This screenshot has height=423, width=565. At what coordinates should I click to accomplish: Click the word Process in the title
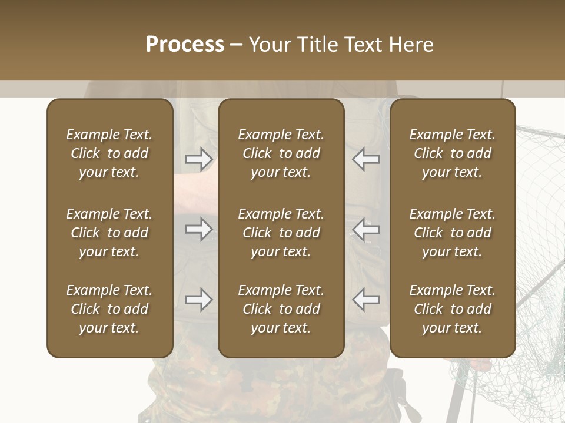click(x=185, y=45)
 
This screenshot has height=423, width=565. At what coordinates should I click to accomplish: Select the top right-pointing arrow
click(x=198, y=159)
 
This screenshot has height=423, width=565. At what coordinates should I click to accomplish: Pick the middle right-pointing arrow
click(x=198, y=229)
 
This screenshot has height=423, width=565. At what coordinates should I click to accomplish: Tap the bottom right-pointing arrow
click(x=198, y=300)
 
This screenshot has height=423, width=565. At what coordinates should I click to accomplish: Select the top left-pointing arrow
click(x=366, y=159)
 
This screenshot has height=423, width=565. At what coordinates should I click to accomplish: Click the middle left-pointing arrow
click(x=366, y=229)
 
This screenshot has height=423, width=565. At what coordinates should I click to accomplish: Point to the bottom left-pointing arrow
click(x=366, y=300)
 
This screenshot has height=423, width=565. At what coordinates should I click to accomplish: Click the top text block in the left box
click(x=109, y=153)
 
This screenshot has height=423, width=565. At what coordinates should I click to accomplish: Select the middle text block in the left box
click(x=109, y=233)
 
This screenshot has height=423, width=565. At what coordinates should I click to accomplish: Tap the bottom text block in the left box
click(x=109, y=309)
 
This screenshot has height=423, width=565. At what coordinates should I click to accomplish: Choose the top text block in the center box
click(x=281, y=153)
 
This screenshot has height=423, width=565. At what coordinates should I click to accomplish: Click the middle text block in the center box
click(x=281, y=233)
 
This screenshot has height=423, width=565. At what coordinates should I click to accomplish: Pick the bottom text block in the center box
click(x=281, y=309)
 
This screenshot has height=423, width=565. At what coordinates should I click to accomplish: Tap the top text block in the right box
click(x=452, y=153)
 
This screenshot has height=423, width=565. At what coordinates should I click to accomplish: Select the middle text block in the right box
click(x=452, y=233)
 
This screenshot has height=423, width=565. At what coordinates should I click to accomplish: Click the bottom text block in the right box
click(x=452, y=309)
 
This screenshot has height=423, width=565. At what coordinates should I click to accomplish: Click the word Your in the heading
click(x=270, y=45)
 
